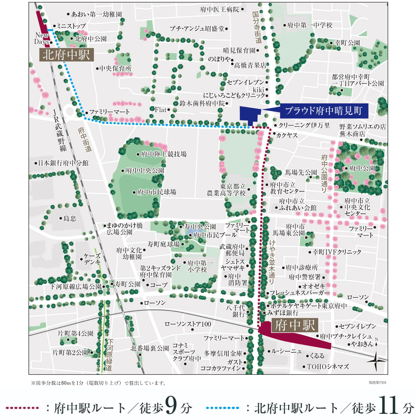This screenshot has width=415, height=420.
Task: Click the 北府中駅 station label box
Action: point(66,55)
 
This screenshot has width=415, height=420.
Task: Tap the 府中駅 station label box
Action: point(295,325)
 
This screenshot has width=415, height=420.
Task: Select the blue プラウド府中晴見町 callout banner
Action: point(324,111)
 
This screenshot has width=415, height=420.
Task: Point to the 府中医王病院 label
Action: point(220,10)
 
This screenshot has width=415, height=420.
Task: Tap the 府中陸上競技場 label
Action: point(164,154)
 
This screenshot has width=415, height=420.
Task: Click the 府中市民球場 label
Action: point(156,192)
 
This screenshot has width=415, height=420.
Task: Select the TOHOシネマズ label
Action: point(328,367)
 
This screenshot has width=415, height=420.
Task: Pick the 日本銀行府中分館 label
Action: point(63,163)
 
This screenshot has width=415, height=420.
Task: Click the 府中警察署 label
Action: point(305,277)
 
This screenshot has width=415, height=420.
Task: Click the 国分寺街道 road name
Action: point(257,27)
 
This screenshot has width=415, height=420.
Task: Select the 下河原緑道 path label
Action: point(109,355)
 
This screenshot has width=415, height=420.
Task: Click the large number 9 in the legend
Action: point(171,405)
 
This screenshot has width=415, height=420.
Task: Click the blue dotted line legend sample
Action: point(222,408)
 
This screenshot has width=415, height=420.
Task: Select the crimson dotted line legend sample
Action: point(22,408)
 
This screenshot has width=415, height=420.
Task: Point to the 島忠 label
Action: point(70,218)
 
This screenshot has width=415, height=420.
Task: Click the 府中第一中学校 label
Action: point(310,25)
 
